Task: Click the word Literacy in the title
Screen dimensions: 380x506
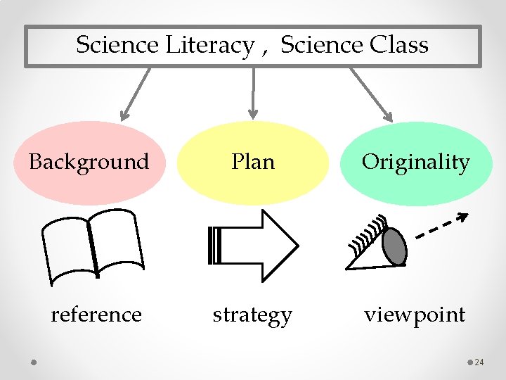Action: click(209, 46)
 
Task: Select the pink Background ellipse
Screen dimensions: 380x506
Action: click(89, 163)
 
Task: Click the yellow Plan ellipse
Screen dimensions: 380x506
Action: click(253, 163)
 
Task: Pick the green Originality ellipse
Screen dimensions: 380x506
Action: click(415, 163)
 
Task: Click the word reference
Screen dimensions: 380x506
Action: click(96, 314)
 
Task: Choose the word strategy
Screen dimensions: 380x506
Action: click(252, 315)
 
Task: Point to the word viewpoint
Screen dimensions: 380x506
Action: click(415, 314)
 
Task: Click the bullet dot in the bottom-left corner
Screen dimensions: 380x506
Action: click(34, 362)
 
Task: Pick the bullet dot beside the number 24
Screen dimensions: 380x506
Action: click(469, 362)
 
